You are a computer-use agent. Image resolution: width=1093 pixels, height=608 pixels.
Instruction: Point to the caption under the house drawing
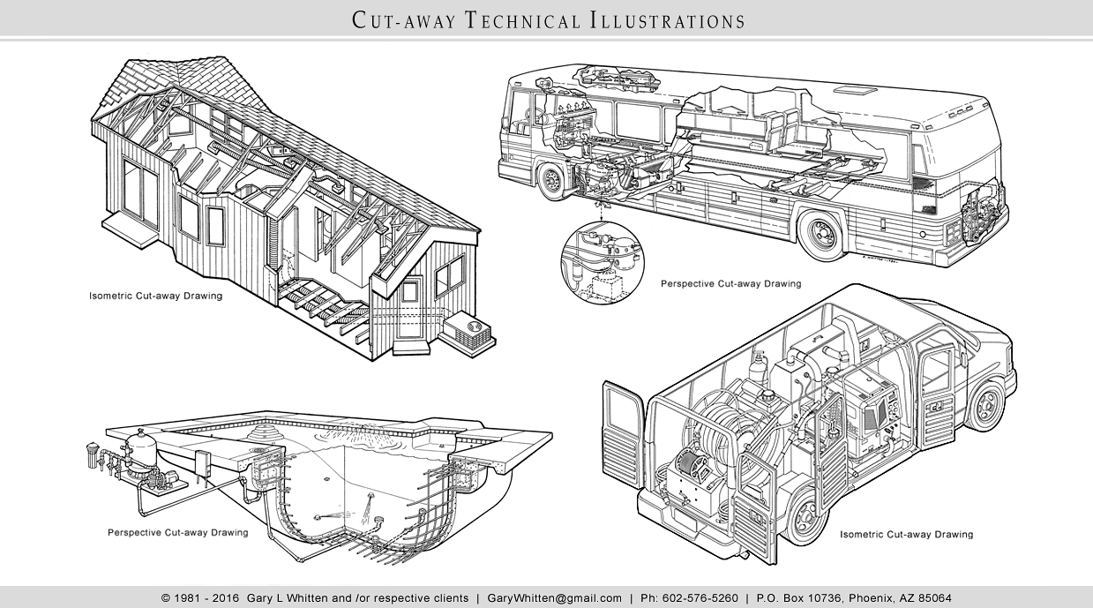tap(155, 296)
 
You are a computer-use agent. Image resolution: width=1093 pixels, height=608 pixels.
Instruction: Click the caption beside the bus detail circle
tap(730, 284)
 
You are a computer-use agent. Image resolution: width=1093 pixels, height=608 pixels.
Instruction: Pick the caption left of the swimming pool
tap(177, 533)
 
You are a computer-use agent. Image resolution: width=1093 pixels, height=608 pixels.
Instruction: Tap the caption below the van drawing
tap(906, 535)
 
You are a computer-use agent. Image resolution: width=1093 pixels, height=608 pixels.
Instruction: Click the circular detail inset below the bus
tap(603, 262)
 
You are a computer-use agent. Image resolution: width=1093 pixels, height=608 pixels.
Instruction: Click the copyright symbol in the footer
tap(166, 597)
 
